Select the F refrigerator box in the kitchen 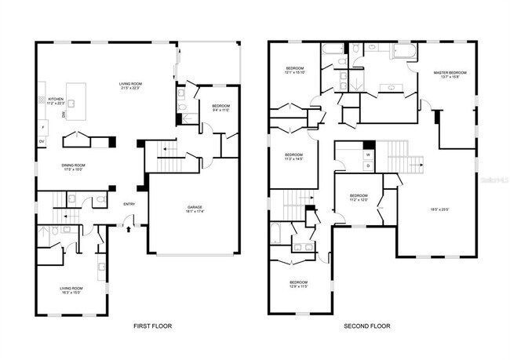[43, 127]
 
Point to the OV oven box [42, 142]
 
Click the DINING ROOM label [74, 166]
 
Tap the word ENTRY [129, 205]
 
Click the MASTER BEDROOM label [450, 74]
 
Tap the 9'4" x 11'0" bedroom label [220, 109]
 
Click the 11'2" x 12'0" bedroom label [358, 199]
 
